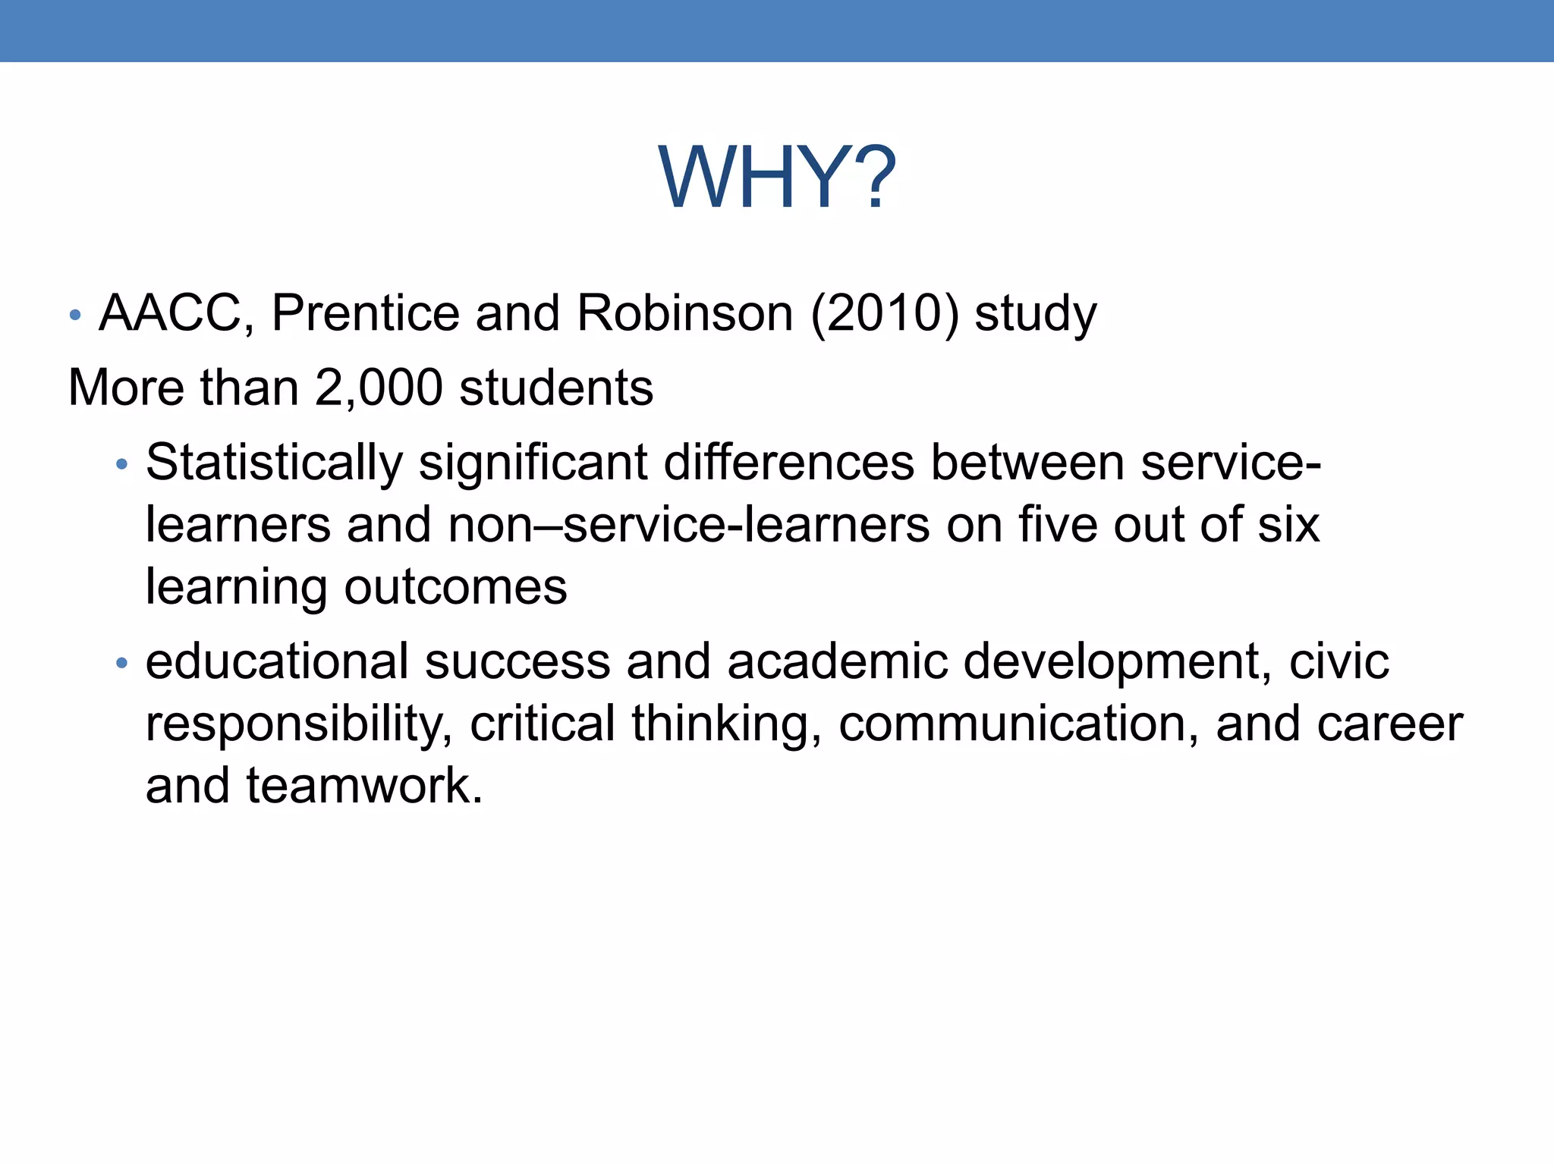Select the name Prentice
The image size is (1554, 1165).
click(x=366, y=313)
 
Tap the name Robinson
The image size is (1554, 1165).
click(x=684, y=313)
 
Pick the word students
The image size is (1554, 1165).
click(x=556, y=388)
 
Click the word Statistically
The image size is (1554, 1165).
click(x=274, y=463)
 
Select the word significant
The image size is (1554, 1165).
click(x=533, y=463)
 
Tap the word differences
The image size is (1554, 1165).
click(x=789, y=462)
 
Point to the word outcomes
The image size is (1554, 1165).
click(x=455, y=587)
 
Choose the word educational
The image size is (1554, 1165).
click(x=277, y=661)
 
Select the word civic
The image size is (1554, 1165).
click(x=1339, y=661)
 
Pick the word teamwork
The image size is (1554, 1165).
click(x=364, y=785)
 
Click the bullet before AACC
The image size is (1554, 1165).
click(x=74, y=315)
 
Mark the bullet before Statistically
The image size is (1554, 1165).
click(x=121, y=464)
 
